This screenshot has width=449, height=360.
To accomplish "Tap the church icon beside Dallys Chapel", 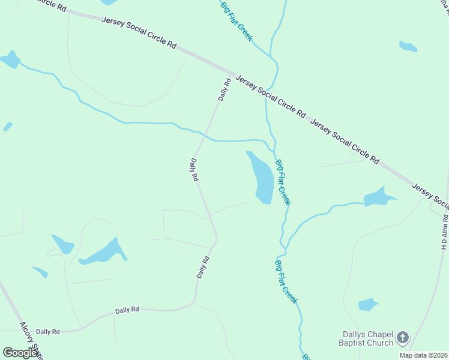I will (x=402, y=338).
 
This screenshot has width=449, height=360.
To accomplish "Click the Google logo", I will (x=20, y=353).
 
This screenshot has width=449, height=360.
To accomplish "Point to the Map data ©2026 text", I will (x=423, y=355).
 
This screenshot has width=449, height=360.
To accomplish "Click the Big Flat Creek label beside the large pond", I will (x=283, y=182).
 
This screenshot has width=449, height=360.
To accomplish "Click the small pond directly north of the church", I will (x=367, y=304).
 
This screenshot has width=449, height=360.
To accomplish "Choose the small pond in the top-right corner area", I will (x=408, y=46).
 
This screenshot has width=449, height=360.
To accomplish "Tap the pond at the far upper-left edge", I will (x=10, y=59).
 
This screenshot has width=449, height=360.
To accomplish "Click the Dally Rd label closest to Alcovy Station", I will (x=47, y=331).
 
